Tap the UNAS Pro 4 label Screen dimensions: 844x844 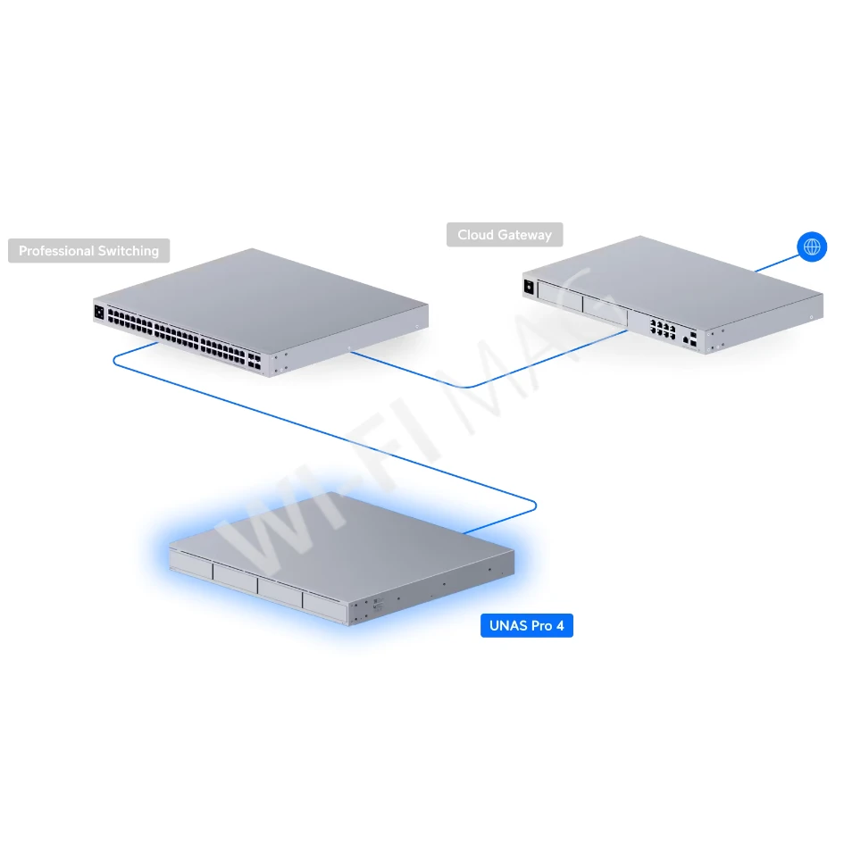[527, 625]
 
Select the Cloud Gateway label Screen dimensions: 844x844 [505, 235]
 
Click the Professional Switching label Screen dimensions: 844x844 [88, 251]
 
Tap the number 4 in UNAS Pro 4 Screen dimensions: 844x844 [560, 625]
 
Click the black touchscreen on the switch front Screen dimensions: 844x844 [98, 313]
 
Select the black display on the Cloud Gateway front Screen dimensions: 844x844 [529, 287]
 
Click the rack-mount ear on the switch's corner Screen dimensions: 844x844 [281, 362]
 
